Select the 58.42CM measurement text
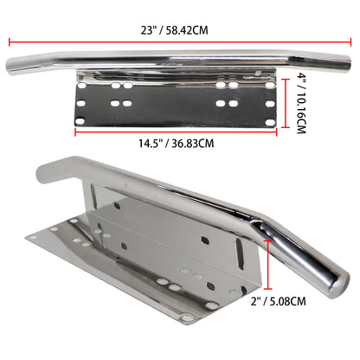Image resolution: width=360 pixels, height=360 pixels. (189, 29)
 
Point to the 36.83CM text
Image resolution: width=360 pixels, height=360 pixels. (190, 143)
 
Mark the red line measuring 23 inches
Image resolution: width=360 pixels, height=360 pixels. (180, 42)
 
